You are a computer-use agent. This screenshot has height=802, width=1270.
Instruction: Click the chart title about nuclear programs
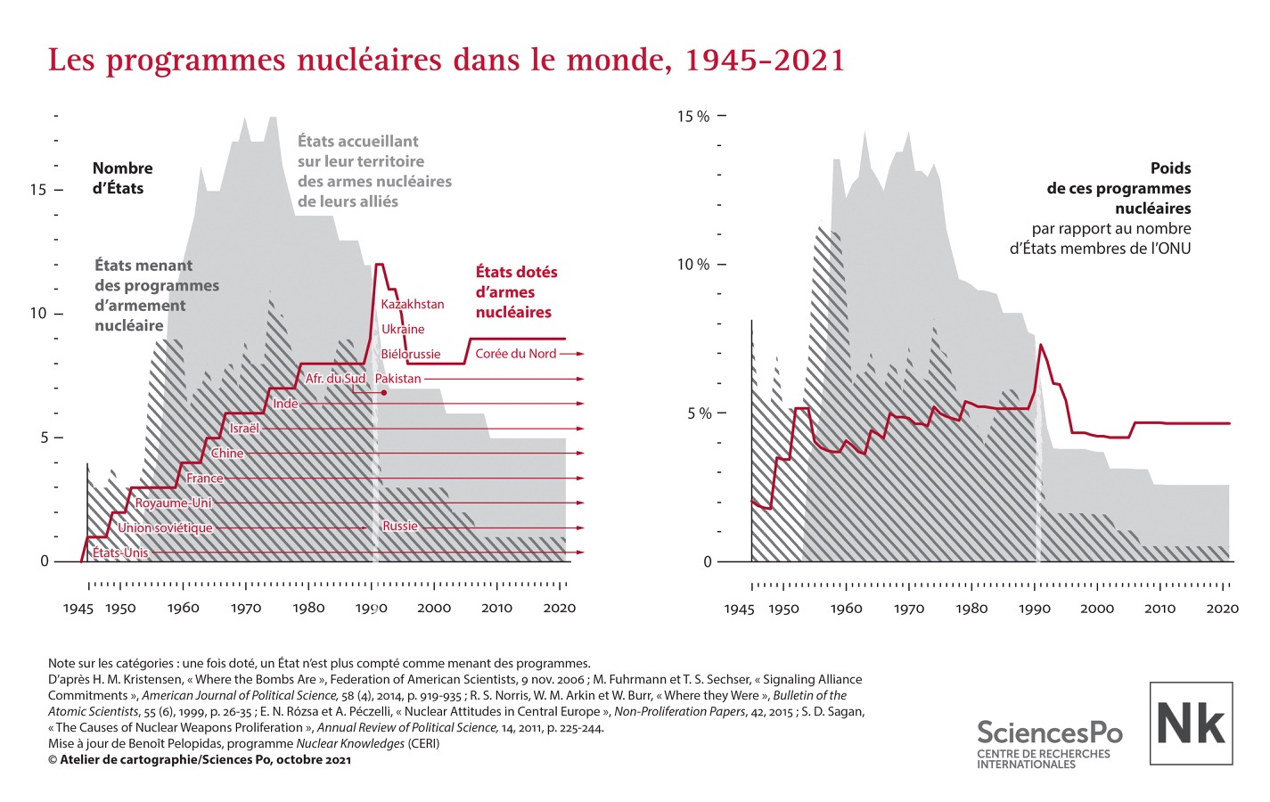446,60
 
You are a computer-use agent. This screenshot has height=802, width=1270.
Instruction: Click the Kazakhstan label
412,304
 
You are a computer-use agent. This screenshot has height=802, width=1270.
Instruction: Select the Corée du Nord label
515,354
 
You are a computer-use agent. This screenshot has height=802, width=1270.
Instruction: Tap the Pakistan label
397,379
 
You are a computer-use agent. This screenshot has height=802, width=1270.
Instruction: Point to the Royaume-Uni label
173,503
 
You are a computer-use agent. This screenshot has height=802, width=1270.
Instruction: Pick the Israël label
244,429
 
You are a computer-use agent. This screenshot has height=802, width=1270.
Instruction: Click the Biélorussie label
410,354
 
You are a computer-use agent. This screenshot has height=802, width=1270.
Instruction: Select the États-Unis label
120,552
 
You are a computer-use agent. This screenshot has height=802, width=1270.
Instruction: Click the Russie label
399,526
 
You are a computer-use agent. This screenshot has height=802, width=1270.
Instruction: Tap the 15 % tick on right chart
693,117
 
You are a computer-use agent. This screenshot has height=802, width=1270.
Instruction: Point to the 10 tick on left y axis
37,314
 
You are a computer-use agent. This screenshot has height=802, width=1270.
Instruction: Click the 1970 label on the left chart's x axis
246,609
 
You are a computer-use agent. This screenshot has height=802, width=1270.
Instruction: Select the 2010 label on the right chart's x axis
1159,609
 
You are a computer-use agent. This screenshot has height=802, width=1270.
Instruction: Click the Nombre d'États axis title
122,178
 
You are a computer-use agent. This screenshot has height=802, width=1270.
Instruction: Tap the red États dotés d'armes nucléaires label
515,292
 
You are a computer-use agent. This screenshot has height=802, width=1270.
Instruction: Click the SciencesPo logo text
1049,732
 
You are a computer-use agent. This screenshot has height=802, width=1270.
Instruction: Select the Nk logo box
1191,723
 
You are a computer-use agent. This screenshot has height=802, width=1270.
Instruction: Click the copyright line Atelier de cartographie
199,760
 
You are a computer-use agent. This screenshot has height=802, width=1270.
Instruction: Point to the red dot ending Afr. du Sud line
383,393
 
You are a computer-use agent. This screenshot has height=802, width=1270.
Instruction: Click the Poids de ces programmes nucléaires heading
1118,188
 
